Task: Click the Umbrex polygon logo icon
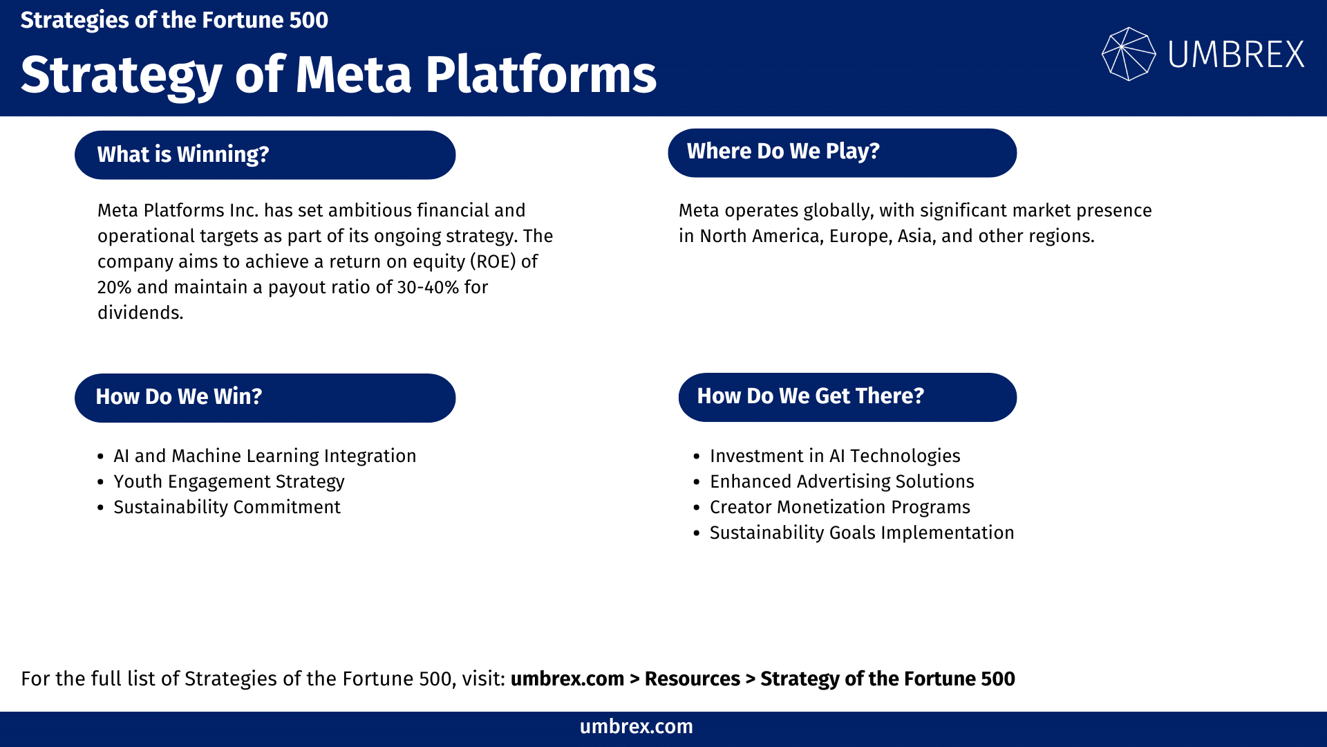1128,54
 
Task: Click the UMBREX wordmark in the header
1236,55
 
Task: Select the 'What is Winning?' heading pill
265,155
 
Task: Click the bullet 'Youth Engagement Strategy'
229,481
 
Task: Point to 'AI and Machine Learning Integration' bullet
265,456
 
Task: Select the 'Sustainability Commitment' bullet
227,507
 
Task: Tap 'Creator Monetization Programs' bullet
840,507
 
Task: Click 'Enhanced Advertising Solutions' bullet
842,481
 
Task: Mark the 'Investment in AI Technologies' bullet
835,456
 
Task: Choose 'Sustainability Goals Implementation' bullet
862,533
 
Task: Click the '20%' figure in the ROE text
114,287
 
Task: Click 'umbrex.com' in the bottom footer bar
636,727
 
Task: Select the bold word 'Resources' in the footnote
692,679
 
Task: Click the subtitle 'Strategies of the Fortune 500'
174,20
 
